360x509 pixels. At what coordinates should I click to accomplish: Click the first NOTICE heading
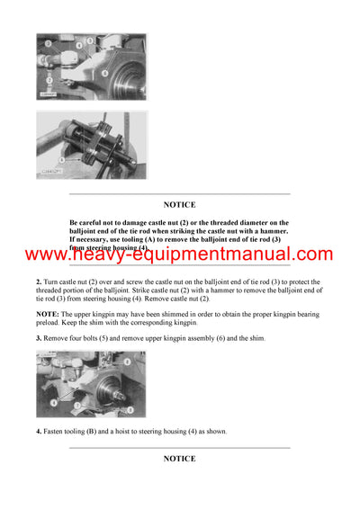pos(179,205)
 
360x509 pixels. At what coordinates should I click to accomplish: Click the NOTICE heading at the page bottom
pos(179,459)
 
